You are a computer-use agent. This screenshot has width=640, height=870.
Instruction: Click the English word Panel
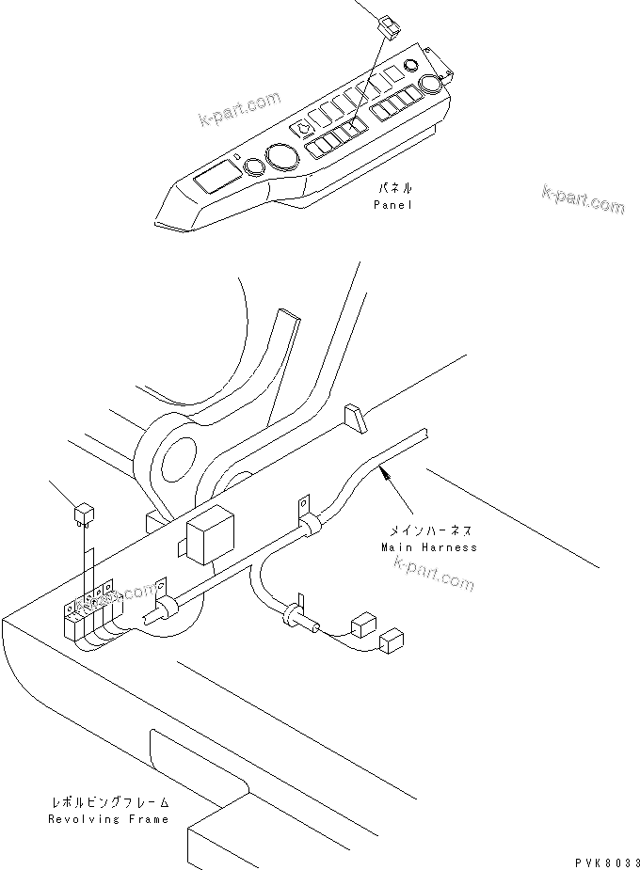[392, 204]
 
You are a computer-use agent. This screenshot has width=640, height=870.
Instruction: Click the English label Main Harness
[428, 546]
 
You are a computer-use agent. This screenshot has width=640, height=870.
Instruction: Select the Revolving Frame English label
[109, 818]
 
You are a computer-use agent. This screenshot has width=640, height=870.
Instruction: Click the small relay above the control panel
[389, 25]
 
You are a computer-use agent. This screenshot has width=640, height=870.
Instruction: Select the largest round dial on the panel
[280, 157]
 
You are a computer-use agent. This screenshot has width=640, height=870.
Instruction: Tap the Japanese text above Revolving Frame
[110, 802]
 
